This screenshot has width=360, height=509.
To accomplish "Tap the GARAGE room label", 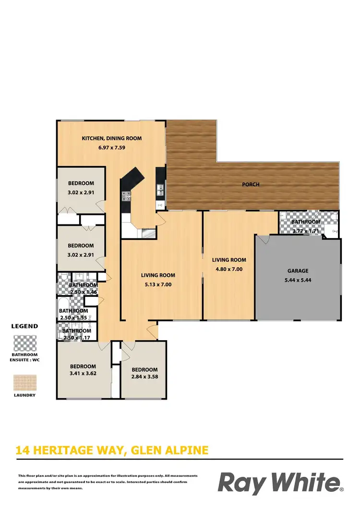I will click(298, 271).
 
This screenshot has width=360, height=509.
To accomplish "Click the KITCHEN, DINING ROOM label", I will click(112, 138).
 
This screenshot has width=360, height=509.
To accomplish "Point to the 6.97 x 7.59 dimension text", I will click(112, 148).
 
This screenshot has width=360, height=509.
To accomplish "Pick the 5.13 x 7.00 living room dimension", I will click(158, 284).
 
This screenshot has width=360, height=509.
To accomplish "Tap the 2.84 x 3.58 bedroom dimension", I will click(144, 377).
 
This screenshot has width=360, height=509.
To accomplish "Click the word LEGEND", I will click(24, 326).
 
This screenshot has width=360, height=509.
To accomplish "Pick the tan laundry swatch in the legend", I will click(24, 382).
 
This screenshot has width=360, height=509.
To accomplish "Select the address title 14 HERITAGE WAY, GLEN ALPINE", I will click(112, 450).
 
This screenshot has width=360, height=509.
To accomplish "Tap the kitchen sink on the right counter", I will click(160, 193).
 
